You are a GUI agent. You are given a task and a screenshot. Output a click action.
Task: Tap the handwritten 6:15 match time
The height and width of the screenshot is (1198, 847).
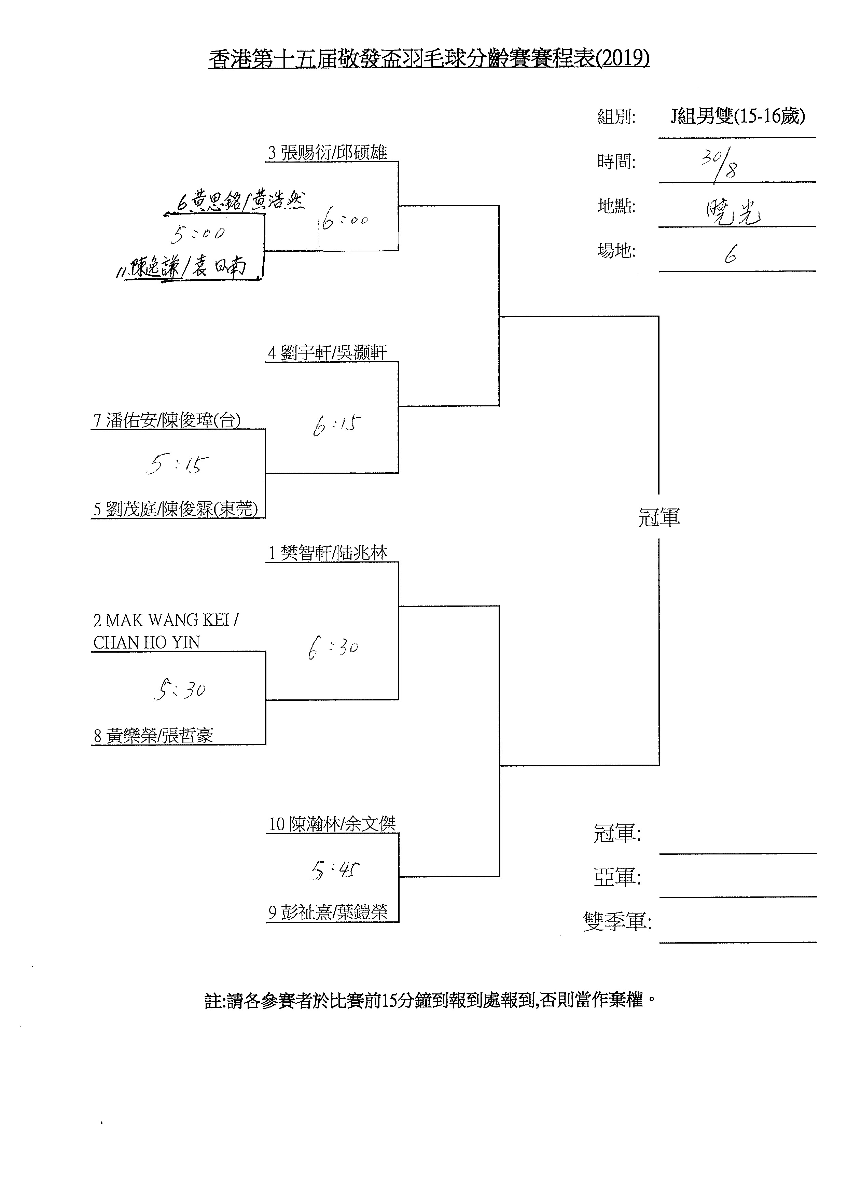tap(337, 425)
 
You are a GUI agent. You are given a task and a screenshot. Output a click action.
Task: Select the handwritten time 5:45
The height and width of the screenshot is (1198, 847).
tap(334, 870)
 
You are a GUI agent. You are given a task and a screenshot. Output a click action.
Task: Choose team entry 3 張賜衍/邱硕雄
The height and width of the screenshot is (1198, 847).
tap(327, 153)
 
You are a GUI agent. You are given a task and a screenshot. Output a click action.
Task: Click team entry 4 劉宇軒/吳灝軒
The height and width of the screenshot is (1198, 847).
tap(327, 353)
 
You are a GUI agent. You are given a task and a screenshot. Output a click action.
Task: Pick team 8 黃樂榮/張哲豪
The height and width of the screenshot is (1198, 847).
tap(153, 736)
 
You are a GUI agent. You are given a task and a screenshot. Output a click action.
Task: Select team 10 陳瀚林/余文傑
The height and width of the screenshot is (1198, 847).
tap(332, 824)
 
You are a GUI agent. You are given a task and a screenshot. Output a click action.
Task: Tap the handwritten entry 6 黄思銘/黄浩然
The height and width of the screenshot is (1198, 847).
tap(240, 201)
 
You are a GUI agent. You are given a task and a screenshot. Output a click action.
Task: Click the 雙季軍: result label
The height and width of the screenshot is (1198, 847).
tap(617, 922)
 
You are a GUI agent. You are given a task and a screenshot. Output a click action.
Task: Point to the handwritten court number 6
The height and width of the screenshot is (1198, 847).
tap(730, 255)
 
